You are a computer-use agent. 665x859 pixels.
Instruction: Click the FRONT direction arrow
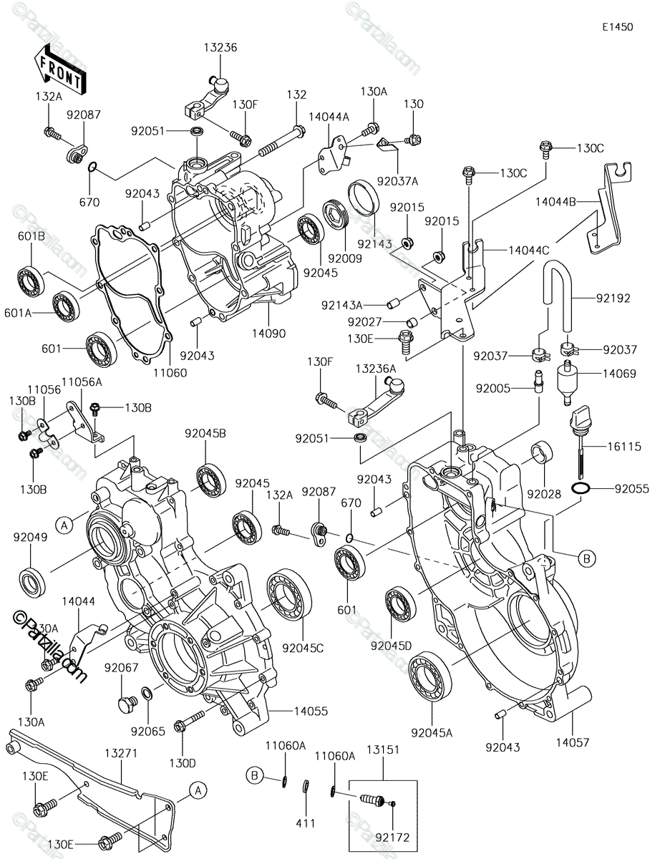[x=60, y=71]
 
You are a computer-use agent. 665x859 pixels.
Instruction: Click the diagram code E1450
[x=617, y=27]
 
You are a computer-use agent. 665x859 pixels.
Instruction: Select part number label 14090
[x=268, y=334]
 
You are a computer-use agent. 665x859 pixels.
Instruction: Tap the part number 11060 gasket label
[x=170, y=372]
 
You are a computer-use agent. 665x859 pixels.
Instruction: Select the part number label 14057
[x=573, y=742]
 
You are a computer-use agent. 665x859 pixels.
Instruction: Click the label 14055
[x=311, y=711]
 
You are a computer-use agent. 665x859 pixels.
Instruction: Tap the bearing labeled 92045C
[x=289, y=595]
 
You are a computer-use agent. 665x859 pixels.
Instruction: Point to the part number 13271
[x=121, y=753]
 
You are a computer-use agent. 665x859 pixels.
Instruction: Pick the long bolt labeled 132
[x=282, y=140]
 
